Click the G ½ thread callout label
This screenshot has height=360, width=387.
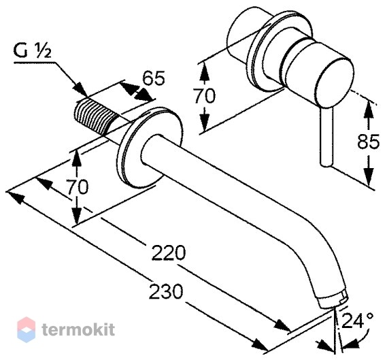[x=33, y=51]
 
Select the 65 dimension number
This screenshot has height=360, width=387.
[x=154, y=78]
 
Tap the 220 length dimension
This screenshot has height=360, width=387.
[x=168, y=253]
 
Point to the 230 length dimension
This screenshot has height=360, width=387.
[x=166, y=291]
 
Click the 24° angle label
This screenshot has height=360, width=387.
[x=357, y=321]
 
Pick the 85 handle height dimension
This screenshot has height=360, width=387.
[x=368, y=142]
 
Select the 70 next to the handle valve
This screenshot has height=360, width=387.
[x=205, y=96]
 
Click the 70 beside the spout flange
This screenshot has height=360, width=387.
[x=78, y=186]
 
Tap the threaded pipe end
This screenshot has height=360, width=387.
[x=95, y=116]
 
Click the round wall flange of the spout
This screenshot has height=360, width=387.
[x=150, y=148]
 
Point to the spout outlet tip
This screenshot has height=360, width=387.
[x=335, y=299]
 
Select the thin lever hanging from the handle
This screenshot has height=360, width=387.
[x=326, y=137]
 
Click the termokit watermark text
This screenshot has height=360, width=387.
[x=78, y=329]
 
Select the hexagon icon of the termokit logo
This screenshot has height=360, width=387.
[x=26, y=329]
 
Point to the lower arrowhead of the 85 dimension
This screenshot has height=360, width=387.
[x=368, y=176]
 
